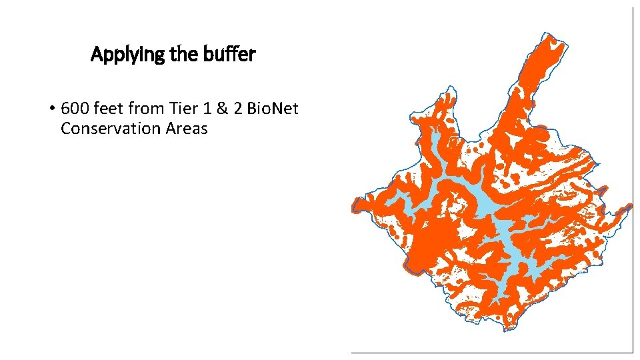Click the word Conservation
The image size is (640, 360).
(107, 129)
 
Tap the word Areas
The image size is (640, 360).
(183, 129)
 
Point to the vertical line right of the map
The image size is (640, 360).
(631, 180)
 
